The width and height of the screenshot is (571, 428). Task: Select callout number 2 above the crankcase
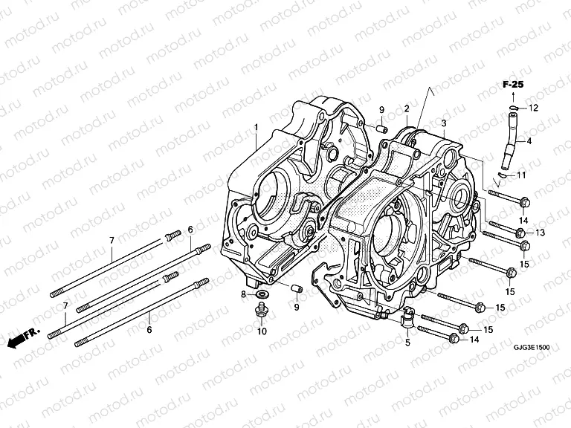pos(407,109)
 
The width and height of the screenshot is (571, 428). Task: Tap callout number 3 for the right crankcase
pos(443,123)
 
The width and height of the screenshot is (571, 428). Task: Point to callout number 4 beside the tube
pos(529,140)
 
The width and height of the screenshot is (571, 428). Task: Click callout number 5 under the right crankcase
pos(407,342)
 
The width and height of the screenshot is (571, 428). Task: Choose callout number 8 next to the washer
pos(242,295)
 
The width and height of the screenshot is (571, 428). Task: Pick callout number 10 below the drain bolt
pos(261,331)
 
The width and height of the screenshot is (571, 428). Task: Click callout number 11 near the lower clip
pos(520,175)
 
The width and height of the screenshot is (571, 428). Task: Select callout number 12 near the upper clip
pos(533,108)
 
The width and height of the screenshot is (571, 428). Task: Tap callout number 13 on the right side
pos(540,233)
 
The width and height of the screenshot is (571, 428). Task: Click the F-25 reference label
pos(511,86)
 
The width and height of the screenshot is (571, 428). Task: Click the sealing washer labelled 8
pos(262,296)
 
